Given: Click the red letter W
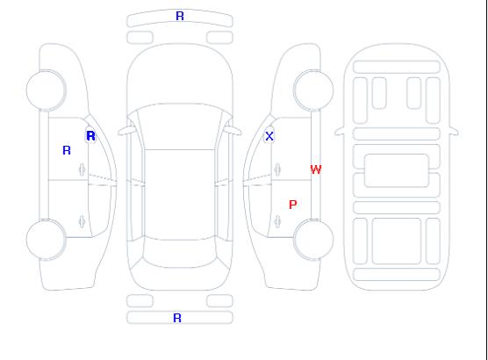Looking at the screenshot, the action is coord(316,169).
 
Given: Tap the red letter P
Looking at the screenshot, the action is coord(293,205).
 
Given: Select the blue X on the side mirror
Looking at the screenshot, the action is coord(269,136).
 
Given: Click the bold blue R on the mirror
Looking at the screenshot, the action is coord(90,136).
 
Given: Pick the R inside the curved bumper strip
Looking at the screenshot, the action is coord(180,16).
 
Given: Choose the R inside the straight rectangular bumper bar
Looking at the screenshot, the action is coord(177,318).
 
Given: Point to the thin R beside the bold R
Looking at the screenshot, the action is coord(67,150).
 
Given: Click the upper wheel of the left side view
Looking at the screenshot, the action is coord(46,90).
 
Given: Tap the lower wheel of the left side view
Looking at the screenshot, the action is coord(46,240).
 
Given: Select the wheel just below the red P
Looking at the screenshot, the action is coord(313,239).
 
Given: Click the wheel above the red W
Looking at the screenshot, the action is coord(313,90).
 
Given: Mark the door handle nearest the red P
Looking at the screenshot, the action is coord(277,221).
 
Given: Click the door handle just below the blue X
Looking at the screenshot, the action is coord(277,169).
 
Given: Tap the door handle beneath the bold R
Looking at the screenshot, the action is coord(82,169).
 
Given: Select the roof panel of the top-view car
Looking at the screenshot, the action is coord(180,195).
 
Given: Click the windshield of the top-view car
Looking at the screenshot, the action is coord(180,126).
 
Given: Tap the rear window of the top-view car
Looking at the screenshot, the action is coord(180,253).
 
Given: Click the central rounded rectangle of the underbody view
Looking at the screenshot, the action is coord(397,170).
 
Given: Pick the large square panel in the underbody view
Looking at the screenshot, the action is coord(397,241).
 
